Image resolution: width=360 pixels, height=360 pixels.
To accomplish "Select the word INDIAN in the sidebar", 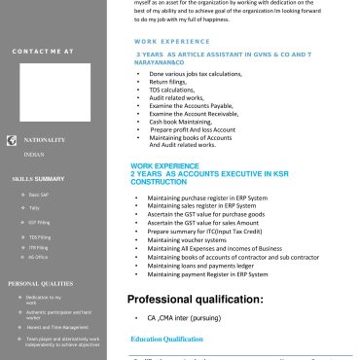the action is [x=33, y=155].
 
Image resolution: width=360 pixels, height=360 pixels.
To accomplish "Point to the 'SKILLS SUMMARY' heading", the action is [x=38, y=179].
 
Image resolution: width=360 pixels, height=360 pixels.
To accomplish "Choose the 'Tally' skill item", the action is [x=35, y=208].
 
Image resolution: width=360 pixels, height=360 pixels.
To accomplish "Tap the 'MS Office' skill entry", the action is [x=38, y=257].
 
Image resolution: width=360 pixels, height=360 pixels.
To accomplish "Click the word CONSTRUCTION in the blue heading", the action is [x=158, y=182].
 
